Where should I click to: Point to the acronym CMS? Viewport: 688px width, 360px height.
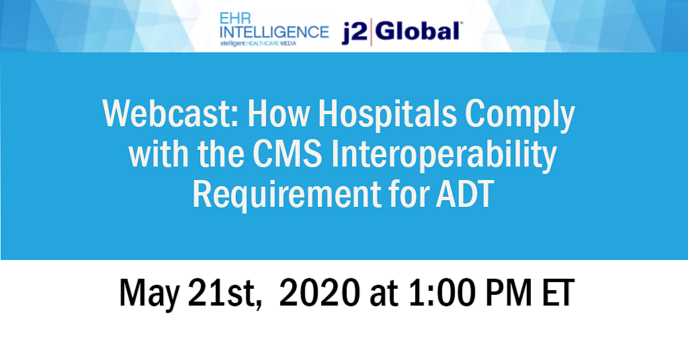click(x=288, y=154)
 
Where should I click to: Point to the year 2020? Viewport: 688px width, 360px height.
click(x=320, y=292)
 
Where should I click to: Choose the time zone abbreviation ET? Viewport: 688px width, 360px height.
click(x=558, y=292)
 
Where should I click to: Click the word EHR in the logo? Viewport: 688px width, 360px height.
click(x=235, y=18)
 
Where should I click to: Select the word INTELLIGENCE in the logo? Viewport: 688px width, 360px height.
click(x=274, y=32)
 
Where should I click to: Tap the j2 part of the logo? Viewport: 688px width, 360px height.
click(x=354, y=33)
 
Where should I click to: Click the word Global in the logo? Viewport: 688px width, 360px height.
click(x=417, y=31)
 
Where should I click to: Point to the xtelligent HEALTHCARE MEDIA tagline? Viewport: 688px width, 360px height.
click(x=258, y=44)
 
